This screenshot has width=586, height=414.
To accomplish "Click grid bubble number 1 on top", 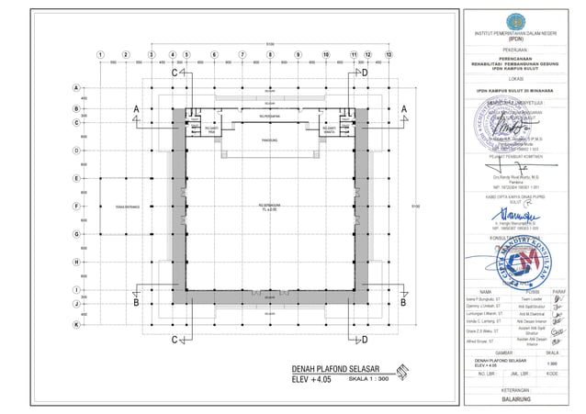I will [x=100, y=55].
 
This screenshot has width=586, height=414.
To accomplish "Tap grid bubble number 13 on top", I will [x=389, y=55].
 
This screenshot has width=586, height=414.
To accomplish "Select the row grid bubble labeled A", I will [x=74, y=87].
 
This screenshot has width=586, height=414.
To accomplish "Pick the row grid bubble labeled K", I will [x=74, y=324].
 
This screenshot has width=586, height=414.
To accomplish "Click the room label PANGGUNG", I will [x=270, y=141].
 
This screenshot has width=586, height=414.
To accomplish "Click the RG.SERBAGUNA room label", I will [x=270, y=205].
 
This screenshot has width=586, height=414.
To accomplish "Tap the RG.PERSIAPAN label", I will [x=270, y=118].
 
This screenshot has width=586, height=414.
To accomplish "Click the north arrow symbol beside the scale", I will [x=406, y=374].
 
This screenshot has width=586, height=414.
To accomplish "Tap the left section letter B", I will [x=135, y=302].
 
